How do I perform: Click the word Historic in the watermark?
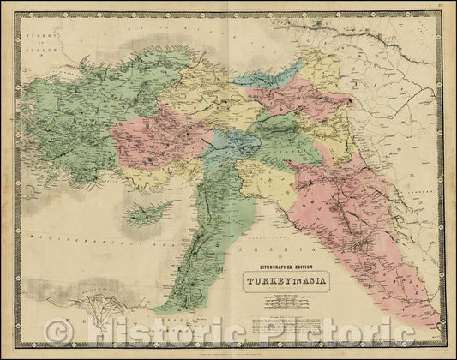172,330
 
